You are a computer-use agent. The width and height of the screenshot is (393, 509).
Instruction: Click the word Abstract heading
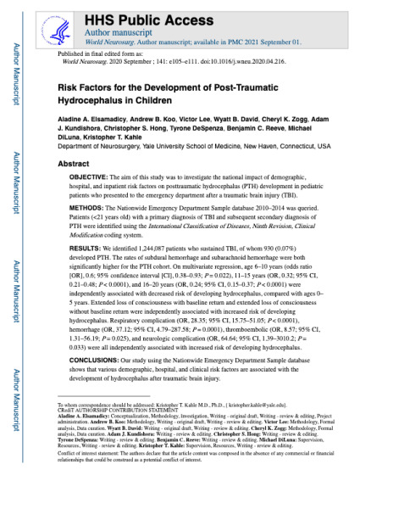(x=75, y=162)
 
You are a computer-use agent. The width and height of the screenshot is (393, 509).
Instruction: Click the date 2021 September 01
(x=269, y=37)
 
